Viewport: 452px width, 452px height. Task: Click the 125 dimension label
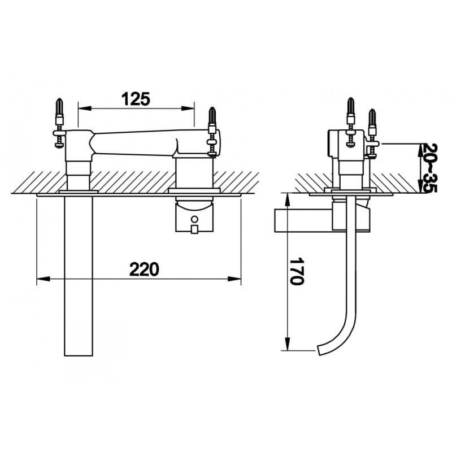tap(136, 99)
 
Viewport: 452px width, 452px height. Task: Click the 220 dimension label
tap(144, 270)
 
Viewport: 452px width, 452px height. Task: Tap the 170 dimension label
tap(297, 271)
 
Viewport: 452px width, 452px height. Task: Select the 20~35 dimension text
tap(429, 168)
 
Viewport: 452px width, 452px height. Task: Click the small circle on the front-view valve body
tap(195, 219)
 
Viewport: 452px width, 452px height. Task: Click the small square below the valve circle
tap(194, 229)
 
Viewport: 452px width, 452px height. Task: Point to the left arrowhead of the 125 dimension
tap(85, 108)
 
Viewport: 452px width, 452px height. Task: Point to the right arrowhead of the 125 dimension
tap(188, 108)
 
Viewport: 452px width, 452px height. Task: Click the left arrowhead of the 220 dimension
tap(44, 279)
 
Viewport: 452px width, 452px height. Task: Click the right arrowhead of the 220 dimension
tap(234, 279)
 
